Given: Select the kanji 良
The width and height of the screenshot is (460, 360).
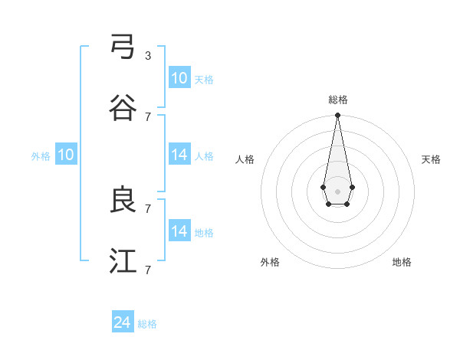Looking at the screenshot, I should click(123, 201).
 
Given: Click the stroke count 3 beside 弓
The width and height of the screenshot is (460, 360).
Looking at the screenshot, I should click(148, 56).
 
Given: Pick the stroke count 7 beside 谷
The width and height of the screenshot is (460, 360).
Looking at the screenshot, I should click(148, 117).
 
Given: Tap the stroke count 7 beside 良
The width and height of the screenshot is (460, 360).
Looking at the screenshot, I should click(148, 209).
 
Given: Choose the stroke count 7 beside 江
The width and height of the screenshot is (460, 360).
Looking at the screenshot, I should click(148, 270).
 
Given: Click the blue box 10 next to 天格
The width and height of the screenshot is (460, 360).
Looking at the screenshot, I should click(179, 78).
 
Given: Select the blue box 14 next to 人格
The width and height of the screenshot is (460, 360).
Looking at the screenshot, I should click(179, 155).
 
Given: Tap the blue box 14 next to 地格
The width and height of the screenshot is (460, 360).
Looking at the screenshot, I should click(179, 231).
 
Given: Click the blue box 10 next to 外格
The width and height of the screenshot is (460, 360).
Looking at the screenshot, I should click(66, 155).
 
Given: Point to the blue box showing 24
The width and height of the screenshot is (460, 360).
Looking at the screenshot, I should click(123, 322).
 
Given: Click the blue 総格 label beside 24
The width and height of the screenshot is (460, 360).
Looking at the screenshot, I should click(147, 324).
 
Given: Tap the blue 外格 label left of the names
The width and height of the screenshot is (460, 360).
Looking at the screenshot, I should click(41, 156).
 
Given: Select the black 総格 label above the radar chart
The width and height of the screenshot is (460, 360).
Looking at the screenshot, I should click(337, 100).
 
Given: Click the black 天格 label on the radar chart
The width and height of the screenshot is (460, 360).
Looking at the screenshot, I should click(431, 159).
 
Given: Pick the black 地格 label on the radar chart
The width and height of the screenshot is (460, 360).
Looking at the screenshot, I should click(402, 262).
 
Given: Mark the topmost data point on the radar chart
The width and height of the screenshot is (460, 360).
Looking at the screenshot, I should click(337, 116).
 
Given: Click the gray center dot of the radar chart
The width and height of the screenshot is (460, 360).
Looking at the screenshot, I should click(337, 190).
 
